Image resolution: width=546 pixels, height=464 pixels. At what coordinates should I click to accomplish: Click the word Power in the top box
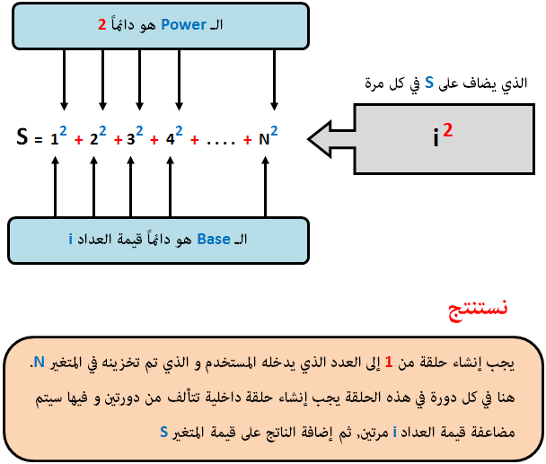[183, 25]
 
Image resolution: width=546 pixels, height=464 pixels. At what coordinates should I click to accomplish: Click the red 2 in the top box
[102, 25]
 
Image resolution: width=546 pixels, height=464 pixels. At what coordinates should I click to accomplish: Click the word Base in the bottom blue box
[214, 239]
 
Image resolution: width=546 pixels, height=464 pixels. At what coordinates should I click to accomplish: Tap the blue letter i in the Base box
[71, 239]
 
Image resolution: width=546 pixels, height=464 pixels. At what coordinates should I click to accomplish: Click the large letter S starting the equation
[22, 136]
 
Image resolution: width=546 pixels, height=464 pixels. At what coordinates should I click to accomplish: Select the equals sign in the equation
[38, 140]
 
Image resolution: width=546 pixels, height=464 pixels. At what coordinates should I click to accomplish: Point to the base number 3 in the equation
[130, 140]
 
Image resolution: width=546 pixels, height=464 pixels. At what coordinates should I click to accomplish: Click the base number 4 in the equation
[170, 140]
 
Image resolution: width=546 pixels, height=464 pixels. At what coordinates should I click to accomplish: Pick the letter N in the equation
[264, 140]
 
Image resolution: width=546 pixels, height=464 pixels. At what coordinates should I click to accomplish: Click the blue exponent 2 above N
[274, 131]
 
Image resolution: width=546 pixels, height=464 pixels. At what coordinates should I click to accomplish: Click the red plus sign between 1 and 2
[79, 140]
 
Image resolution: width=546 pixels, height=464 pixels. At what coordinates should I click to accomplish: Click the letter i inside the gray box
[436, 137]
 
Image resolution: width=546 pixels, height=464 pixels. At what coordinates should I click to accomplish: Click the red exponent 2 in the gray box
[448, 129]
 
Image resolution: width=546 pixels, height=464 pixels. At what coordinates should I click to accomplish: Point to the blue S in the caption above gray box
[429, 83]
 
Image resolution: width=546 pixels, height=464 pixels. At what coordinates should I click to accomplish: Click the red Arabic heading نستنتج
[478, 309]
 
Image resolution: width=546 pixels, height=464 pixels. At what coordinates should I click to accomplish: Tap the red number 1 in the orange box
[389, 363]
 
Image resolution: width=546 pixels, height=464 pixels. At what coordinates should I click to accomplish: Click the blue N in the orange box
[39, 363]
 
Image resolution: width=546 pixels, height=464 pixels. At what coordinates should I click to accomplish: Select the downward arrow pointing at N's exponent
[275, 80]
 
